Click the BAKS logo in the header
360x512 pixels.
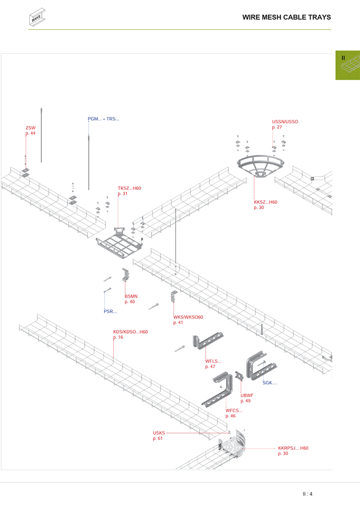[x=37, y=17]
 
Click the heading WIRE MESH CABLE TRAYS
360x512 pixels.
[x=286, y=17]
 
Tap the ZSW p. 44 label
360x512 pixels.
[x=31, y=131]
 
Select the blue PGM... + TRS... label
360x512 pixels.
[x=103, y=119]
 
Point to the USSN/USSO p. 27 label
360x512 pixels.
[x=285, y=124]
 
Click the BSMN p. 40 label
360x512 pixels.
[x=131, y=299]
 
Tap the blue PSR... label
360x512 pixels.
[x=110, y=312]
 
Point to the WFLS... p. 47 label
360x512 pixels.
[x=213, y=364]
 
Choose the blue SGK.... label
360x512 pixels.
[x=270, y=383]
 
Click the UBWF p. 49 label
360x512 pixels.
[x=247, y=398]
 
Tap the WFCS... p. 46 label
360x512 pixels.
[x=234, y=413]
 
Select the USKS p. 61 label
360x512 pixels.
[x=159, y=436]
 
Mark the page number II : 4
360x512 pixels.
[x=308, y=494]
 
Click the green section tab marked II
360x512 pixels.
[x=347, y=65]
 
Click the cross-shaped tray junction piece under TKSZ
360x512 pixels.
[x=119, y=243]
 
